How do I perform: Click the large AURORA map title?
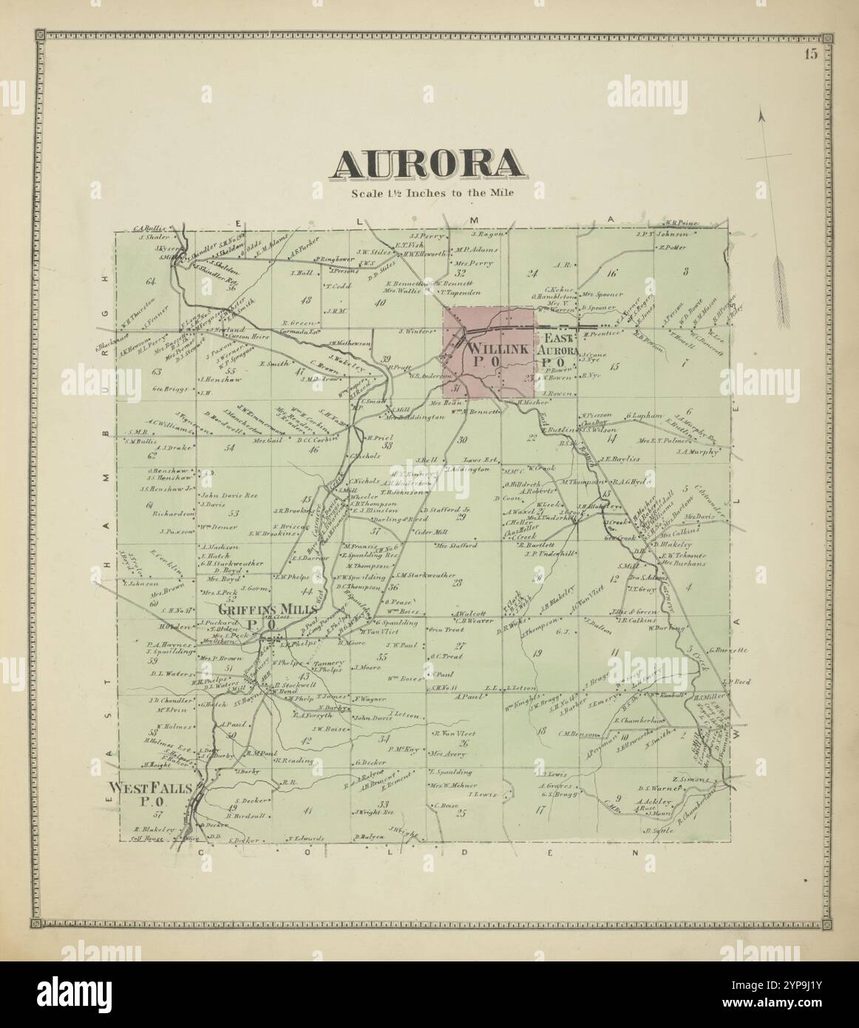[429, 164]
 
